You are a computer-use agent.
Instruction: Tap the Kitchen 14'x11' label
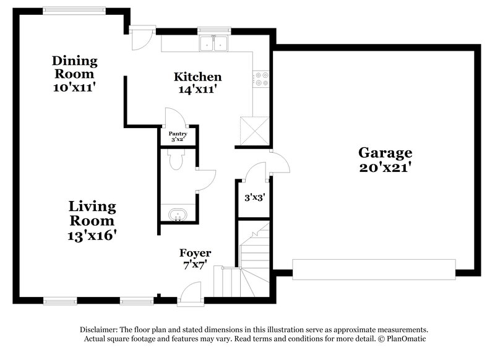197,83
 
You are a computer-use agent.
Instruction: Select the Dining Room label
74,74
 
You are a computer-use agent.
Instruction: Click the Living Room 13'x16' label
92,220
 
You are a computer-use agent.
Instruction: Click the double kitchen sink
214,43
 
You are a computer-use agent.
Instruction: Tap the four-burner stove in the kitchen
261,79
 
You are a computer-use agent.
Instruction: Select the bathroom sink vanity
178,215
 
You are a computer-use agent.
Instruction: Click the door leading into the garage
279,164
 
